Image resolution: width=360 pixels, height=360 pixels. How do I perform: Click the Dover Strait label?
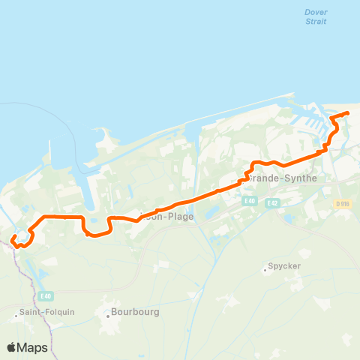(316, 16)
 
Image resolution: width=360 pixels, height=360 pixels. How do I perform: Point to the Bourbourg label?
(135, 312)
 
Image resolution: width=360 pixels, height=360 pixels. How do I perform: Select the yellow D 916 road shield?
(343, 203)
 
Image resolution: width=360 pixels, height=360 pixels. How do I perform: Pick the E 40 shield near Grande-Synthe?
(250, 201)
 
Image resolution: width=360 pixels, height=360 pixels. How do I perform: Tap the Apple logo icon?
(12, 347)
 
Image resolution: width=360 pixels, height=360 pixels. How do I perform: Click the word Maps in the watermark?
(33, 347)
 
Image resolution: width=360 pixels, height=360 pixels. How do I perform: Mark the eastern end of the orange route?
(348, 113)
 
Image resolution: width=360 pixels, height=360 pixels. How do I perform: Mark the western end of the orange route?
(13, 239)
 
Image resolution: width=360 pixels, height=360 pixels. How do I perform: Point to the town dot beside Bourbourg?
(108, 316)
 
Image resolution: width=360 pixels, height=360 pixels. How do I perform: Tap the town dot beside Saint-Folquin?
(16, 316)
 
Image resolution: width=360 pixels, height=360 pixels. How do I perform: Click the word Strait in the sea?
(316, 22)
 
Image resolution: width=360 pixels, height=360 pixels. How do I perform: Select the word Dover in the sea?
(316, 12)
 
